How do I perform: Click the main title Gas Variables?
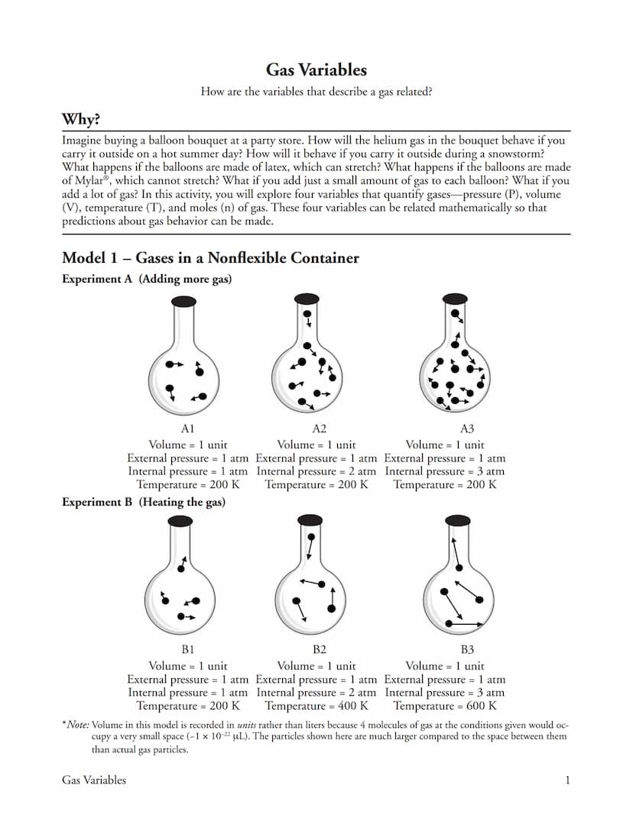(x=316, y=70)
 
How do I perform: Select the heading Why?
(x=81, y=121)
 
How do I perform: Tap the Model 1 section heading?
(x=210, y=258)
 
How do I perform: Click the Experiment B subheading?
(x=144, y=503)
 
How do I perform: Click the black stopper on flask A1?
(x=184, y=300)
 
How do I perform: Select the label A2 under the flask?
(x=319, y=430)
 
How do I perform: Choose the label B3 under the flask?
(x=467, y=651)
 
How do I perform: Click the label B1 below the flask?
(x=188, y=651)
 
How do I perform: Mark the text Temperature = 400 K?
(x=316, y=706)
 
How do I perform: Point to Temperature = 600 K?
(x=445, y=706)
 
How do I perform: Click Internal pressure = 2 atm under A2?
(x=316, y=471)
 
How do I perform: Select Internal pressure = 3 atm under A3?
(x=445, y=471)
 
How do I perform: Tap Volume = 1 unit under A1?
(x=188, y=445)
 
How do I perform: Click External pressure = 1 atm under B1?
(x=188, y=680)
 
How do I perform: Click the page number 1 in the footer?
(x=567, y=781)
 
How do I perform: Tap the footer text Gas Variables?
(x=94, y=781)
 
